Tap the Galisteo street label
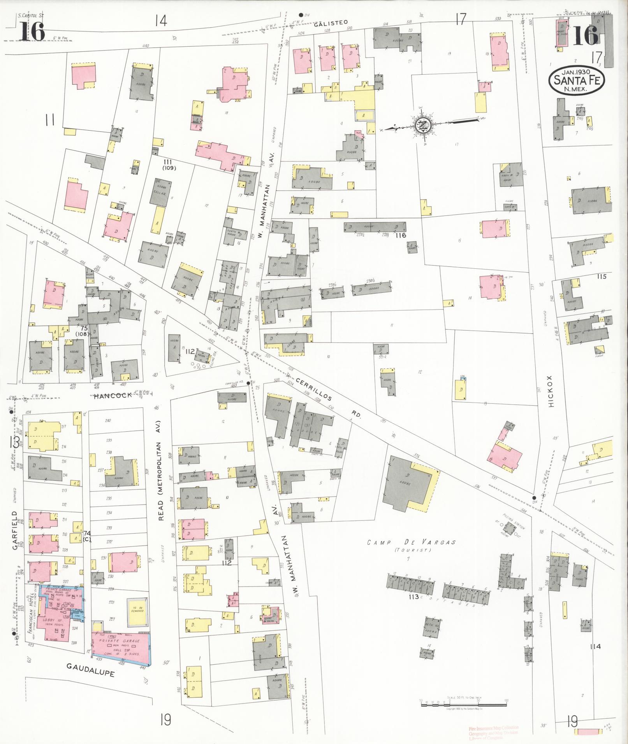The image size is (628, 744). [331, 23]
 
